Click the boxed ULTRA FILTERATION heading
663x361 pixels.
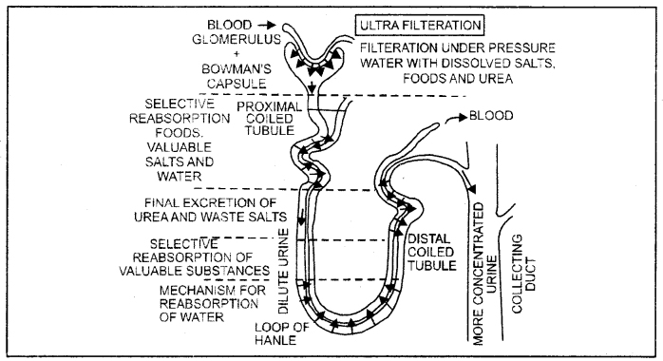420,26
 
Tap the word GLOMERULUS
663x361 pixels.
237,39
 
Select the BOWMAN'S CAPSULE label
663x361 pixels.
237,76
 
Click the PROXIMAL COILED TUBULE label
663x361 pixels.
270,119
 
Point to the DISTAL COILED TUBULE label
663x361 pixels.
432,252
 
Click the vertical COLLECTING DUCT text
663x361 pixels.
524,274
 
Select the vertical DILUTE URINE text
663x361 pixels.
283,271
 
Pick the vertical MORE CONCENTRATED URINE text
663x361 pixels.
484,274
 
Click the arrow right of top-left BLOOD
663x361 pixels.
267,25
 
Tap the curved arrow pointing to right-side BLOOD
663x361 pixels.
456,119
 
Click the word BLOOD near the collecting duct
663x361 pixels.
491,115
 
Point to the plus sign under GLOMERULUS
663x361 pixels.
237,54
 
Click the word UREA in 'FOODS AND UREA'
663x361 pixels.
496,79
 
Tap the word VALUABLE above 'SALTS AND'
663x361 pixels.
180,147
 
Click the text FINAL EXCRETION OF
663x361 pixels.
210,203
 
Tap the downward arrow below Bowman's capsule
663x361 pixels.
313,87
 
